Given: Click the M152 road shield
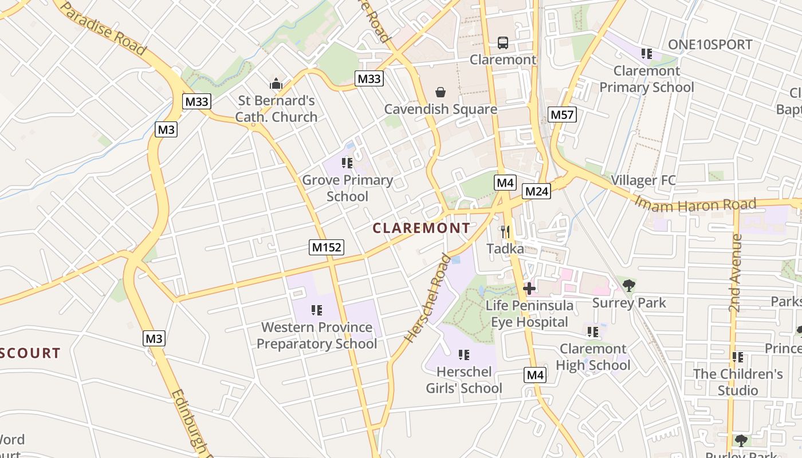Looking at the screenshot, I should [x=327, y=247].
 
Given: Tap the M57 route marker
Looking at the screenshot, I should [x=561, y=114].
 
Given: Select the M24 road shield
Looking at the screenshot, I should [x=537, y=191].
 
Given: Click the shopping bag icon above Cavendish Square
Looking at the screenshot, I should [x=441, y=92].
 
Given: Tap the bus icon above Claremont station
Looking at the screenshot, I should [x=502, y=42].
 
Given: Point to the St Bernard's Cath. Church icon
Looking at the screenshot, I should [x=276, y=84].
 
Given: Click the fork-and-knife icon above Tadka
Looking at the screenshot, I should [x=505, y=231].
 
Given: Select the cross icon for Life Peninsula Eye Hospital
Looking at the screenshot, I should [x=529, y=288].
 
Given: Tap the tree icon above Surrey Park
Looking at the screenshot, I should [x=629, y=285].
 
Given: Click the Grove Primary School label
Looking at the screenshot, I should [x=347, y=188].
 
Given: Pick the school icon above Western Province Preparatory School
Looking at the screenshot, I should [x=316, y=310].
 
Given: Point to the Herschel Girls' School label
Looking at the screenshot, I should [x=463, y=380].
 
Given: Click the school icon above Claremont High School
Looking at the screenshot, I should [x=593, y=331].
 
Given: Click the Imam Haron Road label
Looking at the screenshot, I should [x=695, y=204].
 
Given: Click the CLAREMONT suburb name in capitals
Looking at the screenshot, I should [x=421, y=228].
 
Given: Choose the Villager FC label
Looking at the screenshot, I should [x=643, y=180].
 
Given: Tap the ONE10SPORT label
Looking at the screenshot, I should [x=710, y=45].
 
